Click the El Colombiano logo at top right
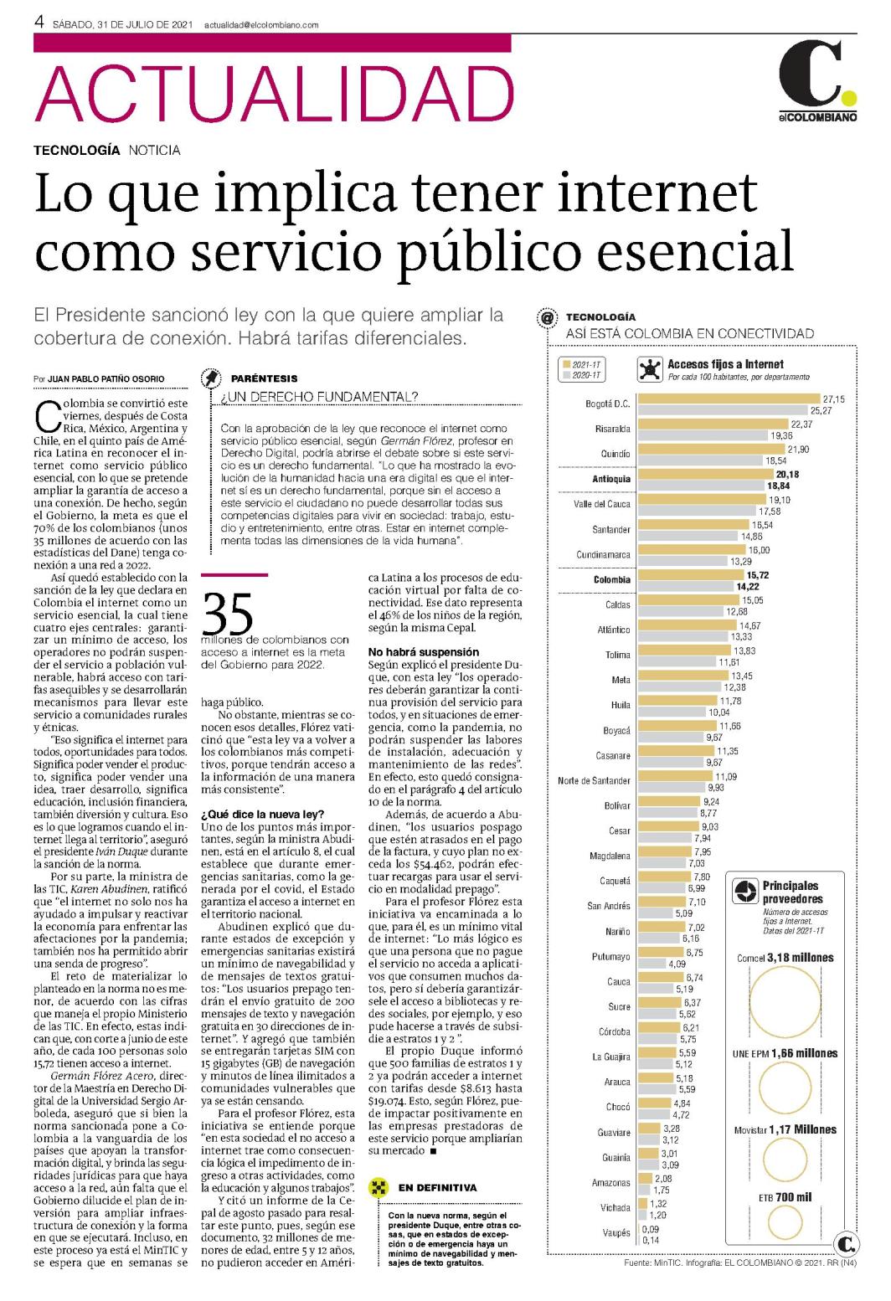[x=817, y=80]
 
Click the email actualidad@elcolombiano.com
[x=261, y=25]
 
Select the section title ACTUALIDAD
[x=274, y=93]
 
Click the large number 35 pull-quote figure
[x=228, y=614]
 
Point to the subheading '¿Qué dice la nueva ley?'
[x=263, y=814]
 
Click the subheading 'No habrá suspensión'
[x=424, y=651]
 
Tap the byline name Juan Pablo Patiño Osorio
[x=106, y=378]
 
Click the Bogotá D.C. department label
[x=608, y=404]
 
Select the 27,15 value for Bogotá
[x=833, y=399]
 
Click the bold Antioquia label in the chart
[x=611, y=479]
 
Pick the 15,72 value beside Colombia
[x=757, y=575]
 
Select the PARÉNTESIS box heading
[x=265, y=378]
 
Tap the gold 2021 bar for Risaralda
[x=713, y=424]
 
